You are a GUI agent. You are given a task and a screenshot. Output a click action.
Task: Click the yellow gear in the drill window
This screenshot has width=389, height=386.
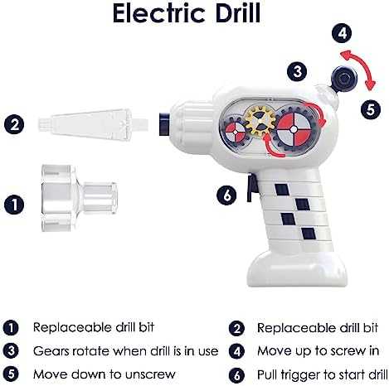point(257,123)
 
